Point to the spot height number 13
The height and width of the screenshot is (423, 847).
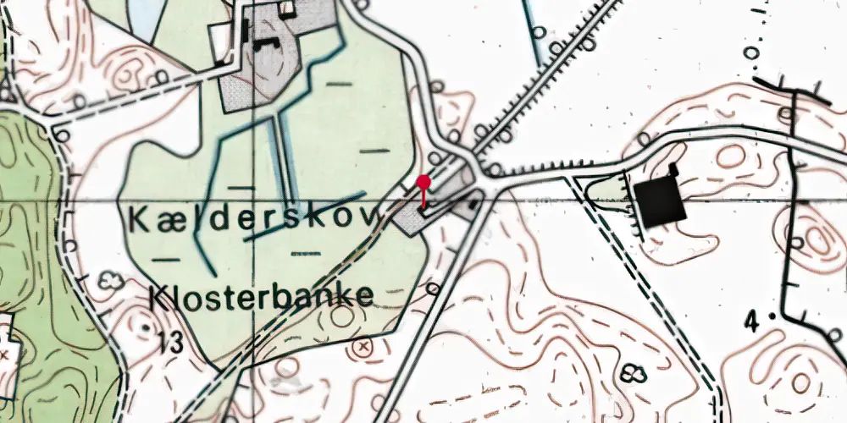pyautogui.click(x=169, y=343)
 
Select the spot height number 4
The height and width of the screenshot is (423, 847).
pyautogui.click(x=751, y=321)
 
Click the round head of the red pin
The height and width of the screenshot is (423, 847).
pyautogui.click(x=423, y=181)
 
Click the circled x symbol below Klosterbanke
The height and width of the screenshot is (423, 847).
pyautogui.click(x=364, y=346)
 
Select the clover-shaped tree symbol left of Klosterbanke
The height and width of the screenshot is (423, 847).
pyautogui.click(x=107, y=279)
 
